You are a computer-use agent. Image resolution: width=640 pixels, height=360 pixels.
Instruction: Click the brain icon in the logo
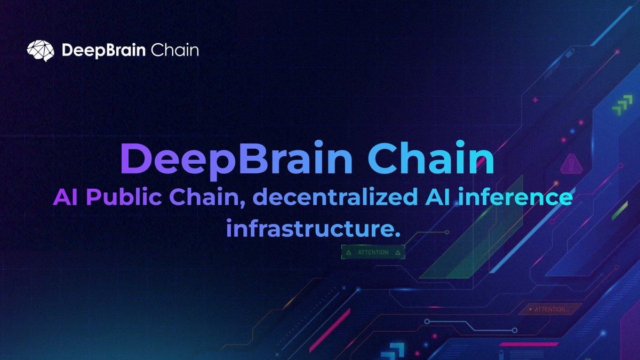tap(41, 51)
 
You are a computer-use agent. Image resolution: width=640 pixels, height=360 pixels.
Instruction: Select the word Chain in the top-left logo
tap(174, 51)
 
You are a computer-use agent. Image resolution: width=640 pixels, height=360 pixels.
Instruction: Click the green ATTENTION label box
tap(373, 252)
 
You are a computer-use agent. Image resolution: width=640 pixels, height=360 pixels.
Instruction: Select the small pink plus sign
tap(535, 100)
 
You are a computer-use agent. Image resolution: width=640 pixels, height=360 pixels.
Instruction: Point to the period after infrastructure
tap(397, 234)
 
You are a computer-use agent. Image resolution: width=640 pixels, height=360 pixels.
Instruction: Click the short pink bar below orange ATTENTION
tap(519, 345)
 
